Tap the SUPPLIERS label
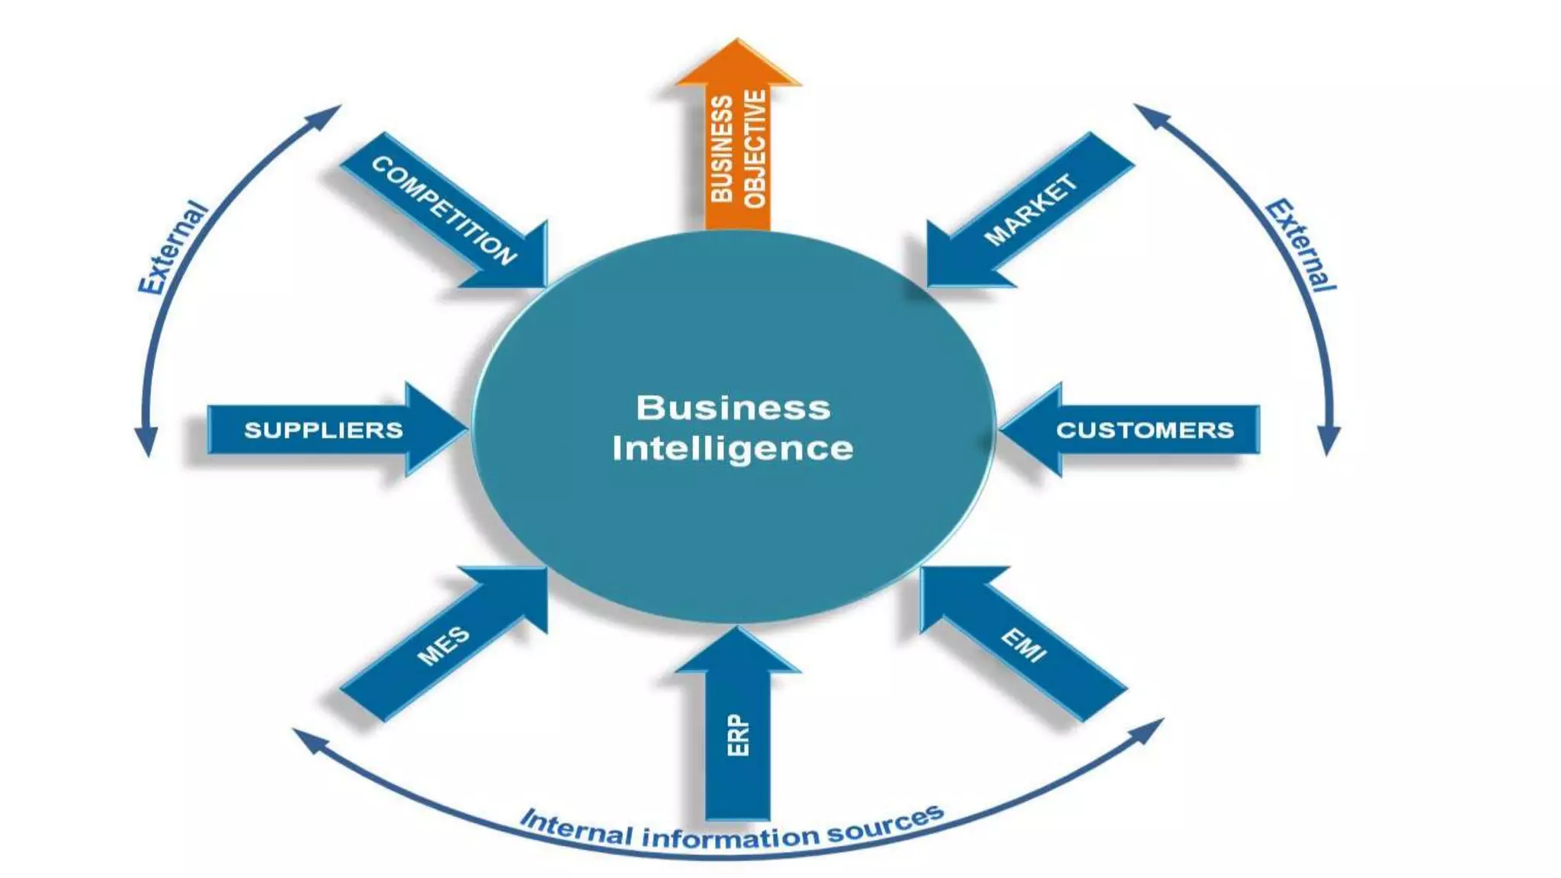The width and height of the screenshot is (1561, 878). pyautogui.click(x=323, y=430)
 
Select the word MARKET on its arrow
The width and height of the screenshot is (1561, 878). pyautogui.click(x=1031, y=210)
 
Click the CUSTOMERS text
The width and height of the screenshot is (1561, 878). pyautogui.click(x=1144, y=430)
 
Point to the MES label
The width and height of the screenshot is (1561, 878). pyautogui.click(x=443, y=646)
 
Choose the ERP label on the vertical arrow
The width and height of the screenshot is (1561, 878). pyautogui.click(x=738, y=735)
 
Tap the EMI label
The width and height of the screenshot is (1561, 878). pyautogui.click(x=1024, y=645)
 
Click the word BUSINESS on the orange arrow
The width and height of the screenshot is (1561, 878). pyautogui.click(x=721, y=149)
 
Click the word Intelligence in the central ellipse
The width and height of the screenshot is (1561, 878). pyautogui.click(x=732, y=449)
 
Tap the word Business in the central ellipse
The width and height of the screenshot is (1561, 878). pyautogui.click(x=732, y=408)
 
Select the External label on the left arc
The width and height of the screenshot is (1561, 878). pyautogui.click(x=172, y=248)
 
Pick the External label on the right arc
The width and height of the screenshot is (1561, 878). pyautogui.click(x=1301, y=245)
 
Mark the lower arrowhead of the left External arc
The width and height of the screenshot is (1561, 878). pyautogui.click(x=146, y=444)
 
